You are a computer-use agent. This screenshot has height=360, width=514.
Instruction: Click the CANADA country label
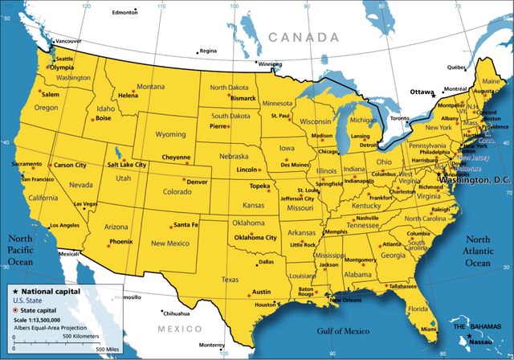click(304, 37)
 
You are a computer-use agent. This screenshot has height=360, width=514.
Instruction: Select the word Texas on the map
click(230, 280)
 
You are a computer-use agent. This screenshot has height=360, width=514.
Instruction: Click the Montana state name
click(150, 87)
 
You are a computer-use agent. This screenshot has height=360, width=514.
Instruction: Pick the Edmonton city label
click(124, 13)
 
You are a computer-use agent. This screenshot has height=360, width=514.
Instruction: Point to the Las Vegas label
click(87, 204)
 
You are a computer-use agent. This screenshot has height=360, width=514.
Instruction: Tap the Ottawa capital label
click(422, 92)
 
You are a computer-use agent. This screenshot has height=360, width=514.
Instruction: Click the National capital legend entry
click(50, 291)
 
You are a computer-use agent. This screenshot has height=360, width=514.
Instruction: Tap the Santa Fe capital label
click(186, 224)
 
